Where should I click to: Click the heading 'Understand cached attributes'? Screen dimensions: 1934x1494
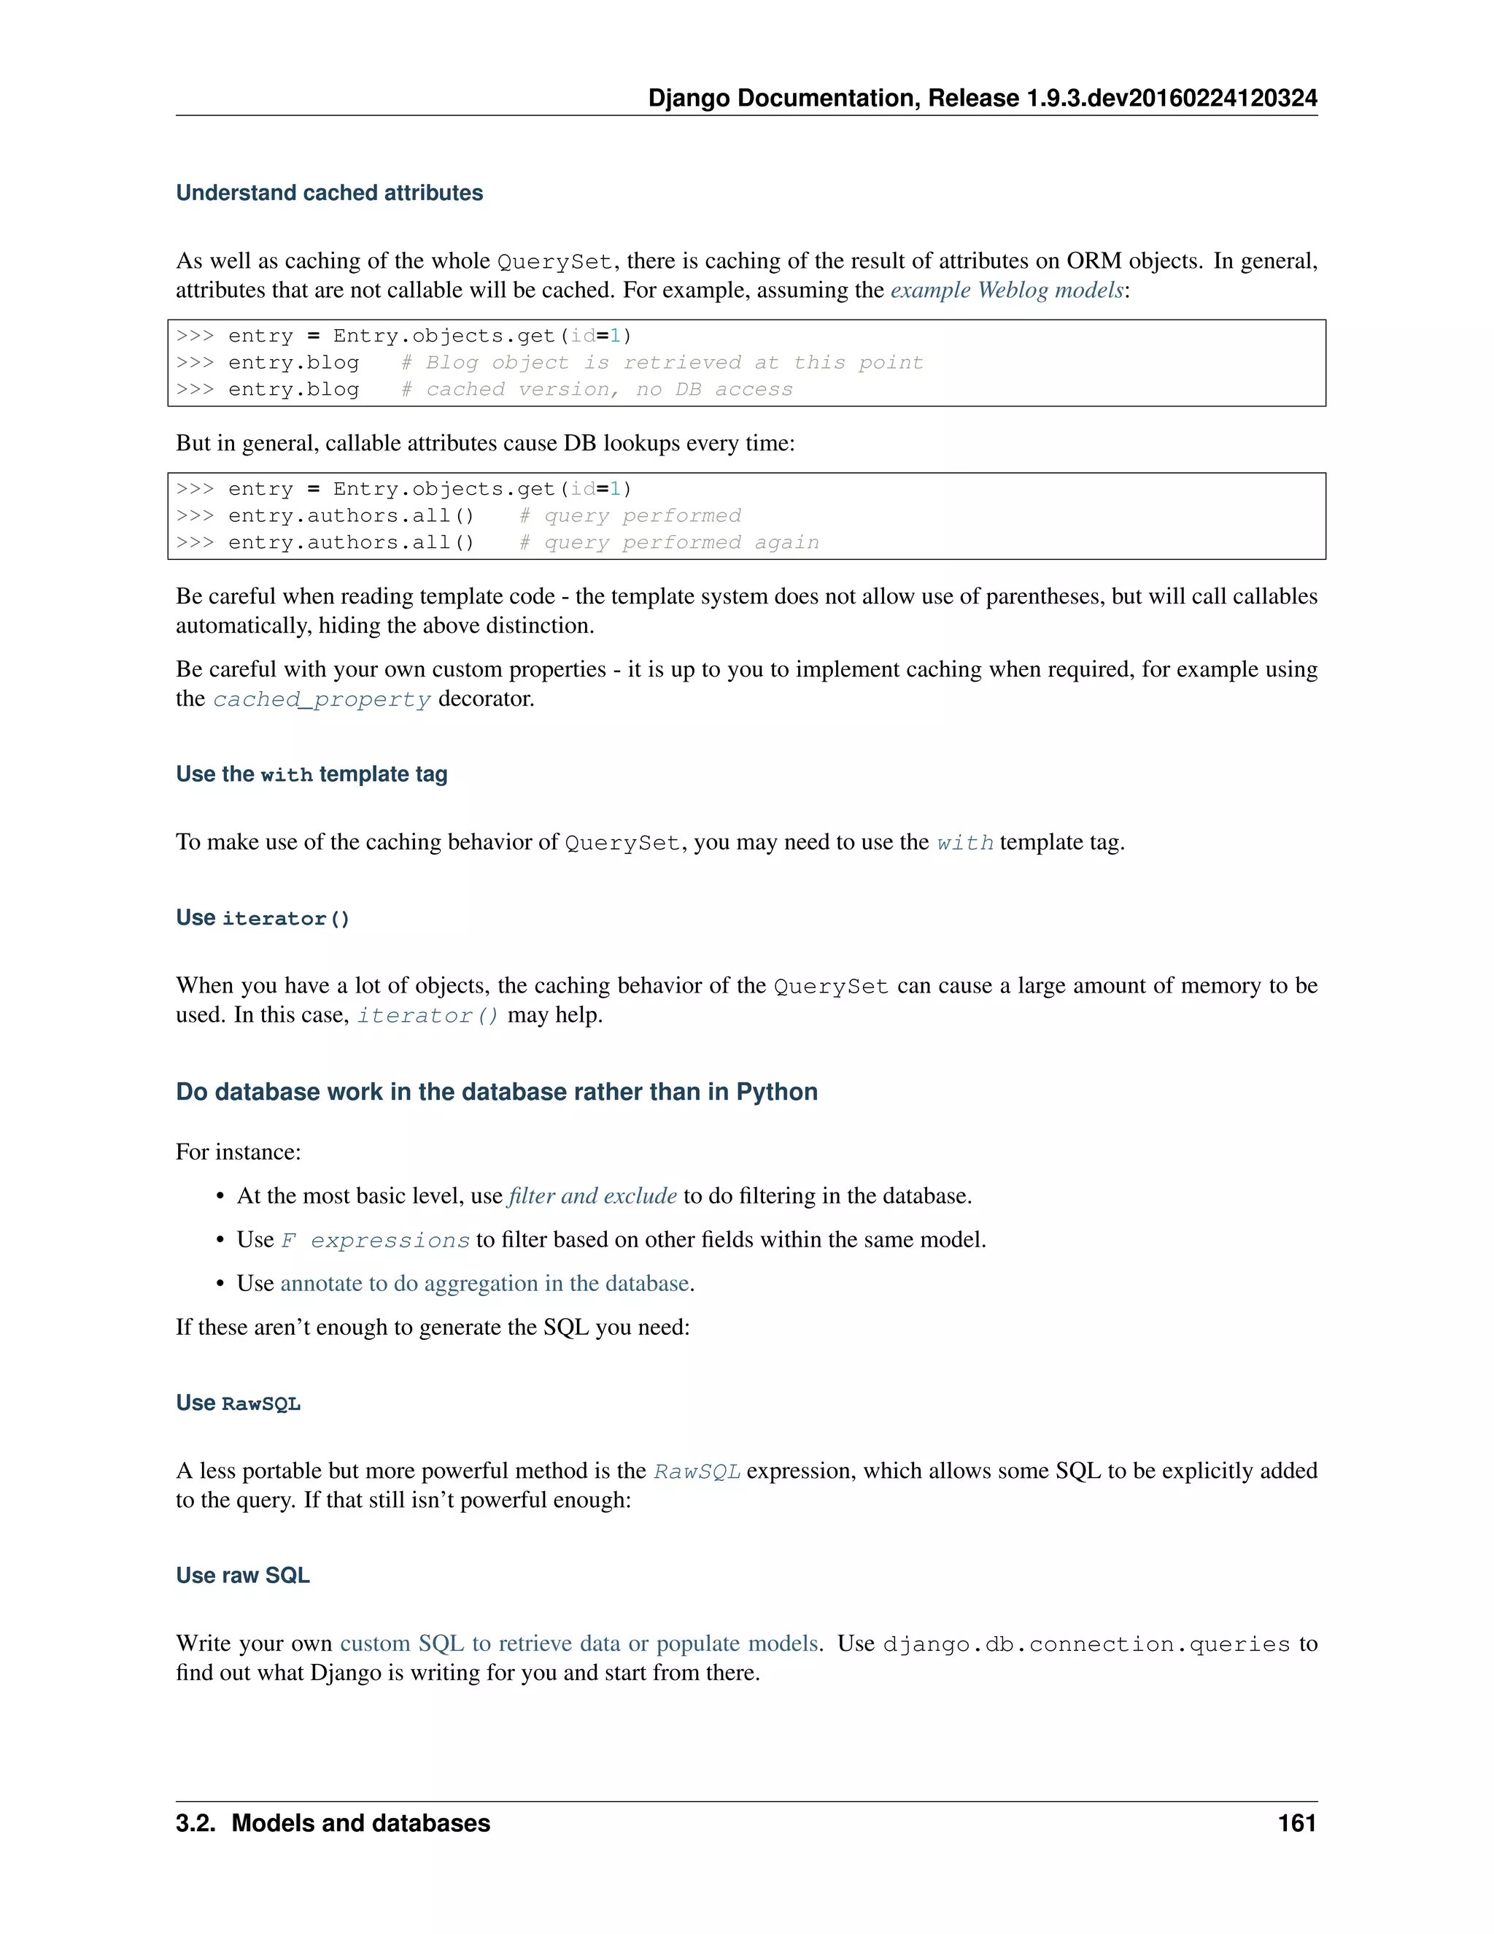tap(329, 193)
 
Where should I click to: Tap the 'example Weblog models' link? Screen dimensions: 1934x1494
tap(1006, 290)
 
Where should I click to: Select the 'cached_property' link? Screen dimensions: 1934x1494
tap(321, 700)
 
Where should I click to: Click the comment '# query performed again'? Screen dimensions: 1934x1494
tap(669, 543)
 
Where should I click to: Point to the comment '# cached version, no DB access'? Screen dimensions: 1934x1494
tap(597, 390)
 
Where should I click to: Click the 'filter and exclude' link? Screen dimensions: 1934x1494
tap(592, 1196)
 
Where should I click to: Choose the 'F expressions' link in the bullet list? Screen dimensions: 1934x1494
tap(375, 1241)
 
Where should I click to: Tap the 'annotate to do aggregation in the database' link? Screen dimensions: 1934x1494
tap(484, 1284)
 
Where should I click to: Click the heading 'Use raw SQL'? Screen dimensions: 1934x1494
tap(242, 1576)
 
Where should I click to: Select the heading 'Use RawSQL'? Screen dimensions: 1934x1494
tap(238, 1403)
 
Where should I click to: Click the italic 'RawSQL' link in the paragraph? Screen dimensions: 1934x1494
tap(697, 1472)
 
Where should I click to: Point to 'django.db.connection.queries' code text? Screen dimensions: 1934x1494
tap(1086, 1644)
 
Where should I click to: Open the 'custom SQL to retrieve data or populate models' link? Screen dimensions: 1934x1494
tap(578, 1644)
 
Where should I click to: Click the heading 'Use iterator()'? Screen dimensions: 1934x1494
tap(263, 918)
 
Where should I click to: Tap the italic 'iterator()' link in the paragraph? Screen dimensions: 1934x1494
tap(427, 1016)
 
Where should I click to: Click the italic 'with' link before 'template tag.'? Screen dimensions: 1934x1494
tap(964, 843)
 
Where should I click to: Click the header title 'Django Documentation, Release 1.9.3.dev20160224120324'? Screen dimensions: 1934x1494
tap(983, 99)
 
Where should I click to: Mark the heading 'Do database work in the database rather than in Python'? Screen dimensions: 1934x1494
tap(497, 1092)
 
